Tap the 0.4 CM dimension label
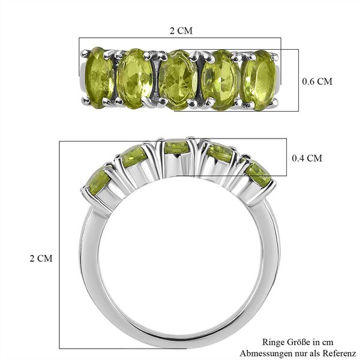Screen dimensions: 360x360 click(307, 158)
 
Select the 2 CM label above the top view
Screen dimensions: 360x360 click(181, 29)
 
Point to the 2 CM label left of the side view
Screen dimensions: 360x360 click(41, 259)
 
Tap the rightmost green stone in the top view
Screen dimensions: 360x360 click(259, 80)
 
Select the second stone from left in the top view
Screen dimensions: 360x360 click(135, 77)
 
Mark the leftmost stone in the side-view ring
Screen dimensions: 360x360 click(99, 181)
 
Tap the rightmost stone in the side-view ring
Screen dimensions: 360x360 click(258, 173)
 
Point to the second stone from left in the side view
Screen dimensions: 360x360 click(133, 157)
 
